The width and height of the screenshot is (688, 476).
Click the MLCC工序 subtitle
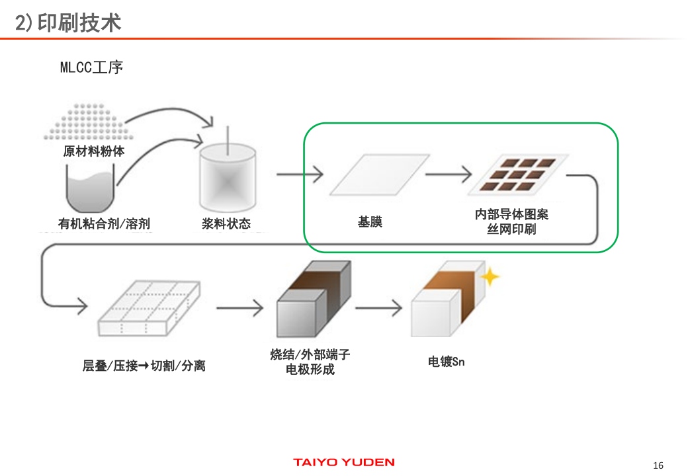[91, 67]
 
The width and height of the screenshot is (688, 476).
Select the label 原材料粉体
[94, 151]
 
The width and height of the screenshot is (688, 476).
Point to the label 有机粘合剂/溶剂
[104, 223]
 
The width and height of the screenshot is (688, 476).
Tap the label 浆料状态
[226, 223]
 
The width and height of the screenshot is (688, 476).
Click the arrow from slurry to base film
[300, 175]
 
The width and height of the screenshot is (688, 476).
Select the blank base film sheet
[374, 175]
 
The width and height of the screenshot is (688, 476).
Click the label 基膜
[370, 222]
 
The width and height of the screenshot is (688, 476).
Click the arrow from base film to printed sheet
[448, 175]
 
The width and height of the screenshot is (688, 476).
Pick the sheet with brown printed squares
[519, 175]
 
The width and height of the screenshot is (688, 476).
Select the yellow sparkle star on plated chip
[490, 276]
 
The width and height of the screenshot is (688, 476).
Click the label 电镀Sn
[447, 362]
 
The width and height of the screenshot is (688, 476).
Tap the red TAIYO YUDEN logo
[343, 462]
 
